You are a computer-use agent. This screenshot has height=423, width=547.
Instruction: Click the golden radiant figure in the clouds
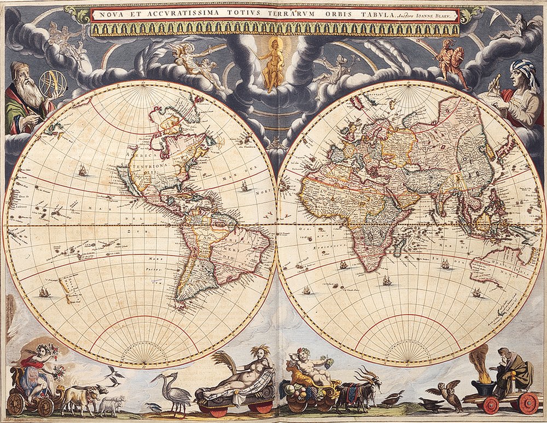coord(272,63)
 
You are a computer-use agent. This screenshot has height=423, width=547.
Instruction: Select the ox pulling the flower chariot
coord(79,397)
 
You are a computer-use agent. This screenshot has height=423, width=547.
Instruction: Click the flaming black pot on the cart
coord(482,386)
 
